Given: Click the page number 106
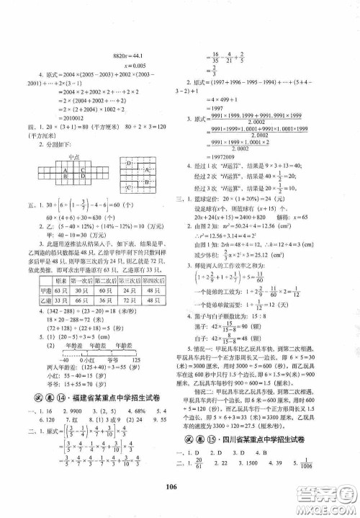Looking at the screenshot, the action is [x=179, y=505].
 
